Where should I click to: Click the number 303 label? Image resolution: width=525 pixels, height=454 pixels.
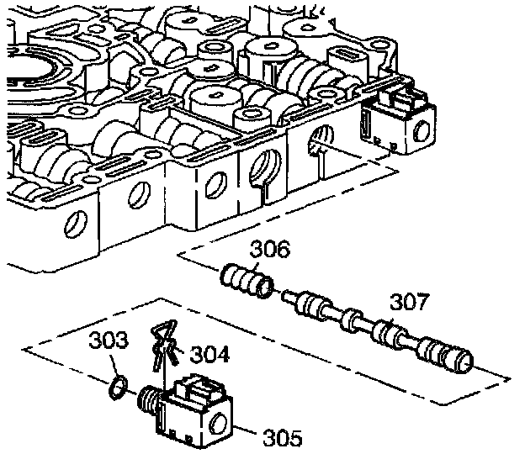point(109,341)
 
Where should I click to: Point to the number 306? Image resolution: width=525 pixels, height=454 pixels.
point(271,249)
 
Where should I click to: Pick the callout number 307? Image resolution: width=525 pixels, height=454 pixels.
point(409,302)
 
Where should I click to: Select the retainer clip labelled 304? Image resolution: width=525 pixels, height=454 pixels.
point(162,344)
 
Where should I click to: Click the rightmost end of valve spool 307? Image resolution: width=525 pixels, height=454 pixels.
point(462,358)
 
